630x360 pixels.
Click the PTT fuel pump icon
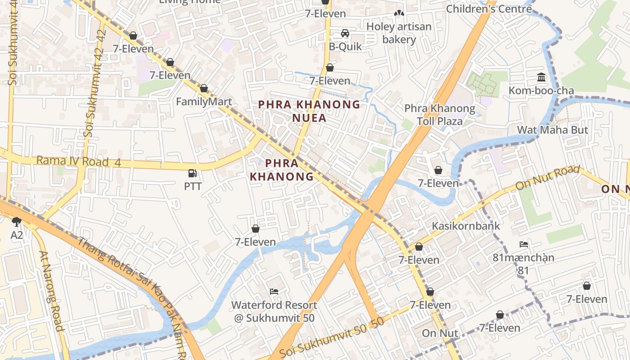193,173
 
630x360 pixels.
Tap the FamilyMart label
203,101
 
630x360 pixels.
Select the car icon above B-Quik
345,33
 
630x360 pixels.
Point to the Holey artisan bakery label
399,33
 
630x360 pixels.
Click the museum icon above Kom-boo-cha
541,77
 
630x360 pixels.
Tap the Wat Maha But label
553,130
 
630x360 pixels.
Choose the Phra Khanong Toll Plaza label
439,115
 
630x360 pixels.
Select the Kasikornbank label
466,225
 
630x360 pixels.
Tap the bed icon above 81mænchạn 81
523,244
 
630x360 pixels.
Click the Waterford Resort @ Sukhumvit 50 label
274,311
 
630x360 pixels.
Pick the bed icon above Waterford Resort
274,292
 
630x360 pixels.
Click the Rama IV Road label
78,161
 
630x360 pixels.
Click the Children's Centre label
489,9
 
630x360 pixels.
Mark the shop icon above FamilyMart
204,89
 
